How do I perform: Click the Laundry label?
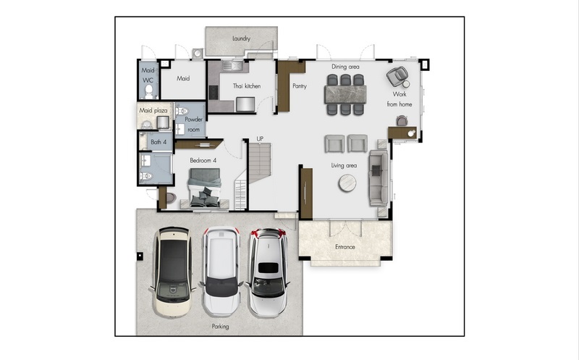pos(242,38)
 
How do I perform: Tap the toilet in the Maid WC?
pos(149,91)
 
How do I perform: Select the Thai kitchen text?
pos(247,86)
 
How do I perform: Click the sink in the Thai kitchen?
pos(232,66)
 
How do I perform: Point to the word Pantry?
pos(300,86)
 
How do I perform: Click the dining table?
pos(345,94)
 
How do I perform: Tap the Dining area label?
pos(345,67)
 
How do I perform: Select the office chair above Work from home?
pos(397,76)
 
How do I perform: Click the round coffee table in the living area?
pos(347,183)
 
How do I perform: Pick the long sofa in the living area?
pos(379,177)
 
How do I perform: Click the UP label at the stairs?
pos(260,138)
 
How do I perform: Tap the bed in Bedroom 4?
pos(205,188)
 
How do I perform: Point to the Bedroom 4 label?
pos(203,160)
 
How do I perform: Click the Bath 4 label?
pos(159,142)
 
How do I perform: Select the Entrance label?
pos(345,247)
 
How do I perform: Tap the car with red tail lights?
pos(268,272)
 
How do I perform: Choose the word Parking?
pos(221,327)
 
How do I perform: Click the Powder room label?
pos(193,125)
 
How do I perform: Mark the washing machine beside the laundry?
pos(197,54)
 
